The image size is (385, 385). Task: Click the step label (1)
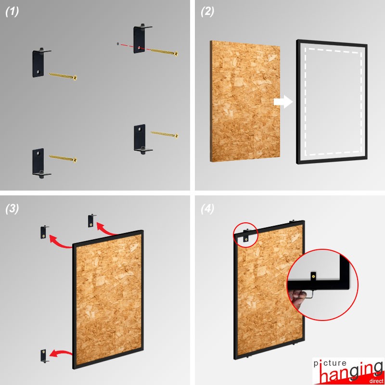coord(12,12)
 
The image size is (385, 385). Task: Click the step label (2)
coord(207,12)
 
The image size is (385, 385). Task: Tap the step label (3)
coord(12,209)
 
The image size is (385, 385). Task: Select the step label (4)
coord(207,209)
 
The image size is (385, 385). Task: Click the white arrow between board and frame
coord(283,102)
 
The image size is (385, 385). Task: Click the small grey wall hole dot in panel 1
coord(118,44)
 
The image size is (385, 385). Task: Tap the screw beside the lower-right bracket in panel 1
coord(164,134)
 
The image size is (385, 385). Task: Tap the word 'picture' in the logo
coord(330,363)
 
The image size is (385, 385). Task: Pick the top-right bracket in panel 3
coord(91,221)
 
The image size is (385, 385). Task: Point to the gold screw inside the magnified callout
coord(313,276)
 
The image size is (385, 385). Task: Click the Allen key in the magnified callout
coord(309,294)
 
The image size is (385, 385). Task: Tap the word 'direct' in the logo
coord(375,381)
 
